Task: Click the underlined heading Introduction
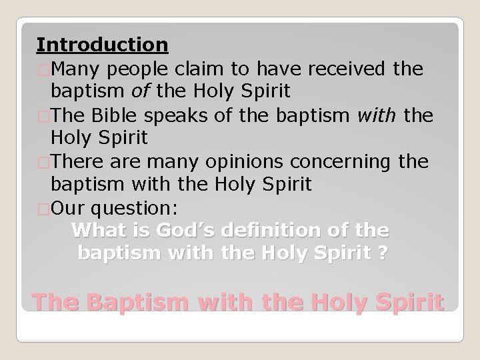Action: [x=102, y=45]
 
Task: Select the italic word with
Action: [x=379, y=115]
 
